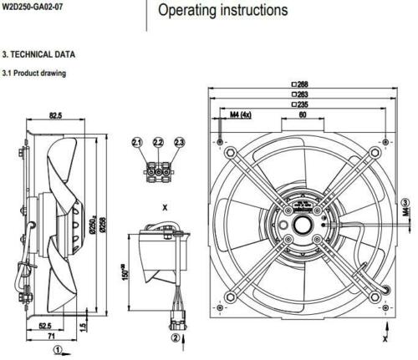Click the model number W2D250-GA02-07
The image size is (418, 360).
click(33, 7)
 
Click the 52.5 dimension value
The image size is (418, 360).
click(44, 325)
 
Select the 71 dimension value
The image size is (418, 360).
click(52, 334)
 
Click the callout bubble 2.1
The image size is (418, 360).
click(137, 144)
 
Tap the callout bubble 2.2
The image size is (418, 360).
click(158, 144)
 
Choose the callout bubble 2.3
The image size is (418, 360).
click(179, 144)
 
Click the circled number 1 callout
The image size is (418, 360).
click(58, 350)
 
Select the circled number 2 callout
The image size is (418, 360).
click(174, 338)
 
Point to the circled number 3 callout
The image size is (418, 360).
click(405, 203)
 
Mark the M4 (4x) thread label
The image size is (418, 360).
click(240, 114)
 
